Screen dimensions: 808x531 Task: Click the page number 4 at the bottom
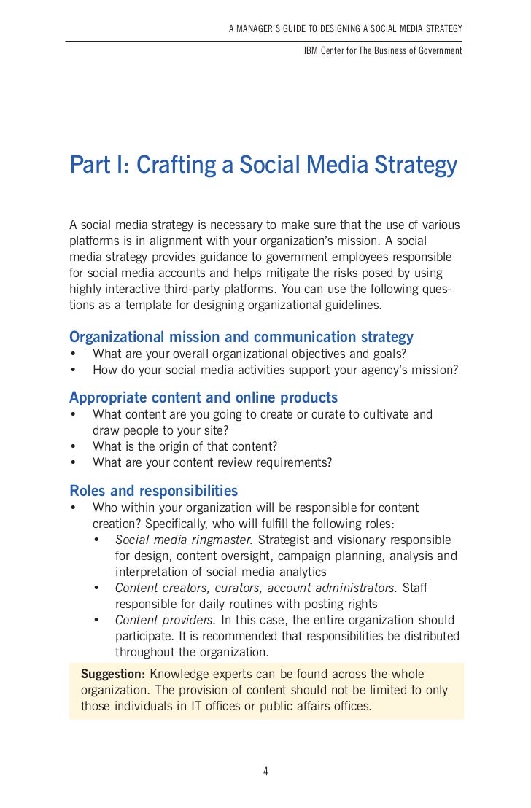click(265, 772)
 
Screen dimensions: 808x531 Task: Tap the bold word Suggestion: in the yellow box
click(113, 674)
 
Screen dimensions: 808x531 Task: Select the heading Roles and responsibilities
click(153, 491)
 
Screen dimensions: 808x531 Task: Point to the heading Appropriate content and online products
click(204, 397)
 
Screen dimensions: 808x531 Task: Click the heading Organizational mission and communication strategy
click(241, 337)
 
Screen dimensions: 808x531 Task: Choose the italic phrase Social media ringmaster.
click(184, 540)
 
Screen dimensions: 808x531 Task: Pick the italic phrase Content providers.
click(166, 621)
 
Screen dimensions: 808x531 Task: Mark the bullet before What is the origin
click(74, 446)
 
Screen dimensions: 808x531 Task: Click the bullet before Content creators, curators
click(97, 588)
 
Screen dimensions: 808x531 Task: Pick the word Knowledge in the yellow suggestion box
click(177, 674)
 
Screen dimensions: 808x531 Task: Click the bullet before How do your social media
click(74, 370)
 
